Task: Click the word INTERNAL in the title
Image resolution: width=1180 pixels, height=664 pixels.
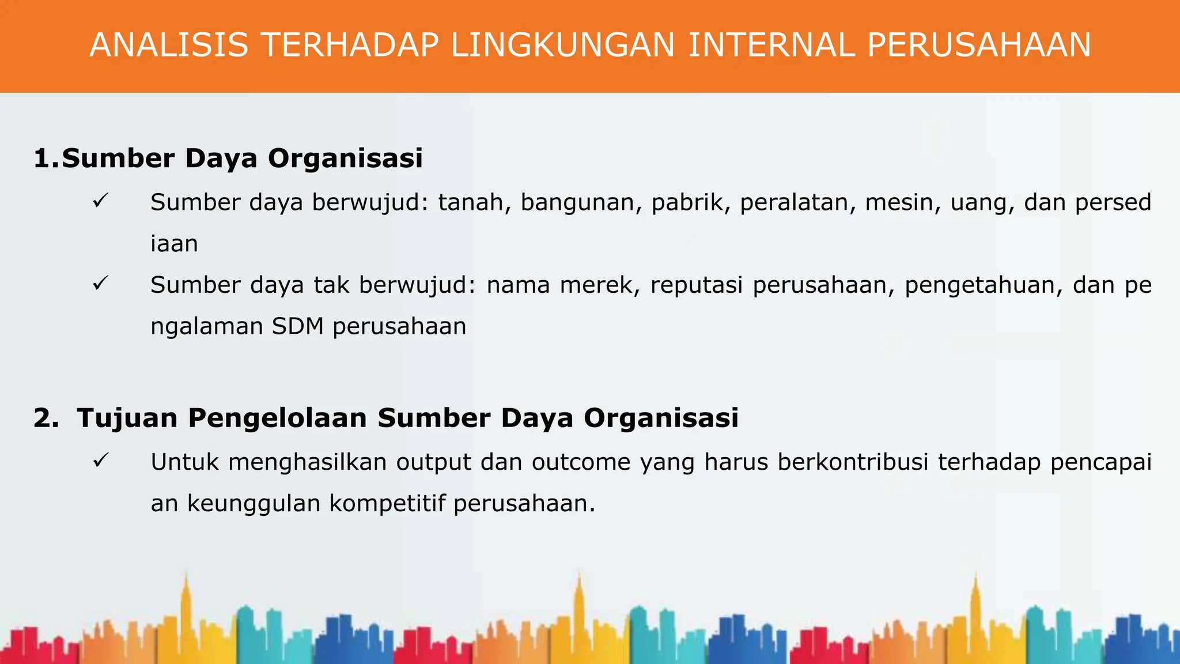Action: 771,45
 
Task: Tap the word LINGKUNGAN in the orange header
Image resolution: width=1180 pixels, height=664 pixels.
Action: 562,45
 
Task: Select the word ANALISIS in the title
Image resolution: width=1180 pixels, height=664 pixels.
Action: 169,45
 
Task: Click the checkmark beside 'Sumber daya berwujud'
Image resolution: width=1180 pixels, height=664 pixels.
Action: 100,201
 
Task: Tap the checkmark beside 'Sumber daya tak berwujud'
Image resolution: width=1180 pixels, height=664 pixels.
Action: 100,284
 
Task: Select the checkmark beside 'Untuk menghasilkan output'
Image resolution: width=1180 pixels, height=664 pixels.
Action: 100,461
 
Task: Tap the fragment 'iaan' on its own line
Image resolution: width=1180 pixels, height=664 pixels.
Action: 174,244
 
